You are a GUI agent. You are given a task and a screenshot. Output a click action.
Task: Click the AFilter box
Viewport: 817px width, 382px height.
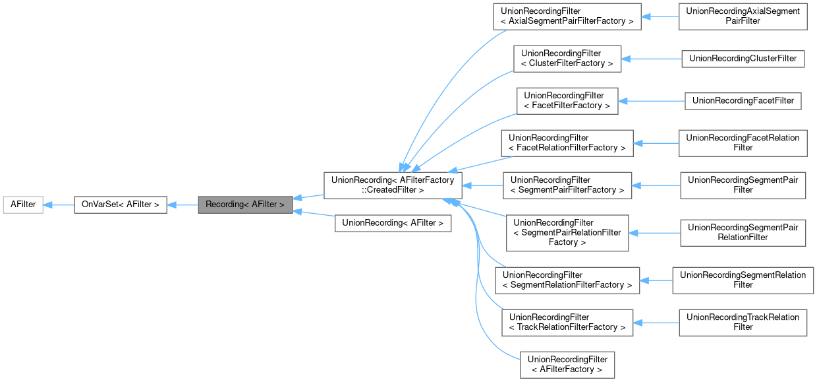(x=22, y=205)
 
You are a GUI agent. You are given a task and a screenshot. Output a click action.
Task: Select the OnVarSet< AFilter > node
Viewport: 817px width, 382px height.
(x=120, y=205)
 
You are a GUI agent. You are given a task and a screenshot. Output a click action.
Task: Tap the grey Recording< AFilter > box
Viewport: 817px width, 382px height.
(x=244, y=205)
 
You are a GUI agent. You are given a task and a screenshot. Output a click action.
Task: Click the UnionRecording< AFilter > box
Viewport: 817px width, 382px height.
(x=393, y=223)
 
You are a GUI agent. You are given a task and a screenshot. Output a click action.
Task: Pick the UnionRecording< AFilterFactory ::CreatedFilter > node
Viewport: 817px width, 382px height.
(x=393, y=185)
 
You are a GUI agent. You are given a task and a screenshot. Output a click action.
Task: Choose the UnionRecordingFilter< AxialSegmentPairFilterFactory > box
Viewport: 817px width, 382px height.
(x=567, y=16)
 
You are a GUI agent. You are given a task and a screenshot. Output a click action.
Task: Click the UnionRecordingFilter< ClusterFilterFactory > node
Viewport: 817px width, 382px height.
(x=567, y=58)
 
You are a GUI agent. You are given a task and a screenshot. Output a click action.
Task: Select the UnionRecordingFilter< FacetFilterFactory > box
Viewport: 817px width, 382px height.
(x=567, y=100)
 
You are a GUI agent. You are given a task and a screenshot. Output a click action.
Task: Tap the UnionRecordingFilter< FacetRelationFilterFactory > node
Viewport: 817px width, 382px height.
(x=567, y=143)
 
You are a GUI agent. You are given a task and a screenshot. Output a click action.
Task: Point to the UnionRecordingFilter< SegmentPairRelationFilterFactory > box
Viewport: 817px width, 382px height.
(x=567, y=232)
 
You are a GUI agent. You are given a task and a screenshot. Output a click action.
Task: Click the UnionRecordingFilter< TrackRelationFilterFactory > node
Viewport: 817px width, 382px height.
(x=567, y=322)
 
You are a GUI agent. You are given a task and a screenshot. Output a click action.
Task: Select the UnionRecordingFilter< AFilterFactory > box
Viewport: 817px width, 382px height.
(x=567, y=364)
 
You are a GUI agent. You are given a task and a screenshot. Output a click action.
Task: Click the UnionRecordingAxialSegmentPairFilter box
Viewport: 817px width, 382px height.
(x=743, y=16)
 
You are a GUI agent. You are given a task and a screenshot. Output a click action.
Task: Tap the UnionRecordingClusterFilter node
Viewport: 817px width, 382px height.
(x=743, y=58)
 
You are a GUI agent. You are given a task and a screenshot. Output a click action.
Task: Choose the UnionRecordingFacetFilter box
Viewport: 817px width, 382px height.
(x=743, y=100)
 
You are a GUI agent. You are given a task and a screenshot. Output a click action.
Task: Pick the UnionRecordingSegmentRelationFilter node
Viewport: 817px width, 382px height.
(x=743, y=280)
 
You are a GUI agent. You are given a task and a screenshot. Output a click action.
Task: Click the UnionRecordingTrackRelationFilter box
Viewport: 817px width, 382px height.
(x=743, y=322)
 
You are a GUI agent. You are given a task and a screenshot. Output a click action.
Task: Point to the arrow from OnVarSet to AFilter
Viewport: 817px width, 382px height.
(x=59, y=205)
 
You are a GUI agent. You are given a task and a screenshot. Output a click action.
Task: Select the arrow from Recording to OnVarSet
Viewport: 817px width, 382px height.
(x=183, y=205)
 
